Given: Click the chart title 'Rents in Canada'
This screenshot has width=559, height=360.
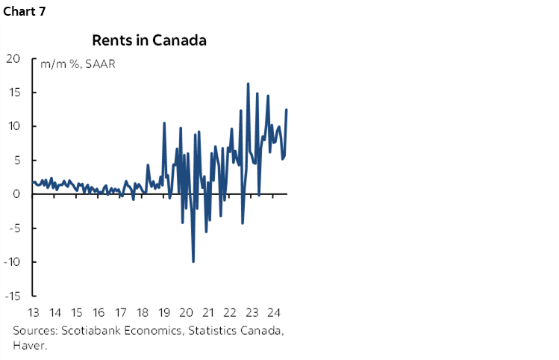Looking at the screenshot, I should [149, 40].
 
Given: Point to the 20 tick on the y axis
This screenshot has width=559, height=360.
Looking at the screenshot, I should [14, 58].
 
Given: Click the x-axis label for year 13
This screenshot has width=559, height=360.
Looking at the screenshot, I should [34, 312].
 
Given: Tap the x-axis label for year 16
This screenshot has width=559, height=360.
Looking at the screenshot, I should [99, 312].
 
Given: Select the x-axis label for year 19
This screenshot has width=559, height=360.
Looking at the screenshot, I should [164, 312].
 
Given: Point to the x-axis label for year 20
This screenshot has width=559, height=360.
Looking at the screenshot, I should [187, 312].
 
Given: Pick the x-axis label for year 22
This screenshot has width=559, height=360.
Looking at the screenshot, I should [230, 312].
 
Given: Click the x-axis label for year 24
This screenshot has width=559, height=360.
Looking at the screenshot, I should [273, 312].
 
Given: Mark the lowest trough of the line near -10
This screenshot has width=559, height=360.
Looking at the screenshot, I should [193, 261].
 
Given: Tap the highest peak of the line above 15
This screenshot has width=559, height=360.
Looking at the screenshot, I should [248, 84].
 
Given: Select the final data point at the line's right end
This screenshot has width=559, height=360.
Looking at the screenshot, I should [287, 110].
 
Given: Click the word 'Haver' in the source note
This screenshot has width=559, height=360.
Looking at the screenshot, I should [27, 344].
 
